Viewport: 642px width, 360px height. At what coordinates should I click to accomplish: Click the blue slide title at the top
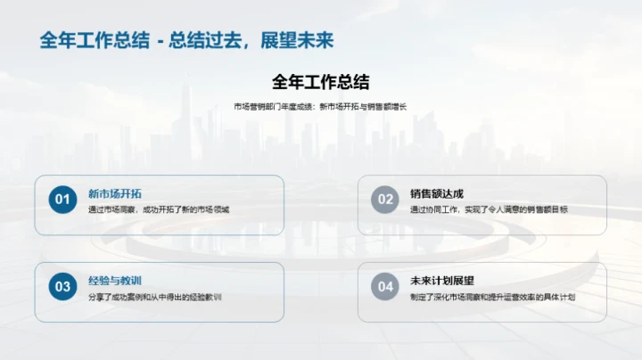pos(186,42)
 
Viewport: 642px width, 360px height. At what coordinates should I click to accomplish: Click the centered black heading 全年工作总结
pos(320,82)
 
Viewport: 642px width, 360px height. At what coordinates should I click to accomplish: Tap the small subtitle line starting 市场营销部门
pos(320,107)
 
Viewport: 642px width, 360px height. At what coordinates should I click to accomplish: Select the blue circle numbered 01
pos(62,200)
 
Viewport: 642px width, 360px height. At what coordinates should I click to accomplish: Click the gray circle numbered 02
pos(385,200)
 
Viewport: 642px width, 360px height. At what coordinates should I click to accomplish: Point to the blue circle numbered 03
pos(62,287)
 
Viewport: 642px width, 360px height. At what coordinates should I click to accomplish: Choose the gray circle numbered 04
pos(385,287)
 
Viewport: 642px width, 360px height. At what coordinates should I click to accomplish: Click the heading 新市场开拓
pos(114,193)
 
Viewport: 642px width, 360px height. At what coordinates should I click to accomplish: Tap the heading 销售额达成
pos(437,193)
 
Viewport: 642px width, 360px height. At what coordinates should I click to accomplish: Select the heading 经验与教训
pos(114,281)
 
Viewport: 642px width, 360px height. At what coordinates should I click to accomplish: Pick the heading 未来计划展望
pos(442,281)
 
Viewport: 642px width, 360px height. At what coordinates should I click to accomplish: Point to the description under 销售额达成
pos(489,210)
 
